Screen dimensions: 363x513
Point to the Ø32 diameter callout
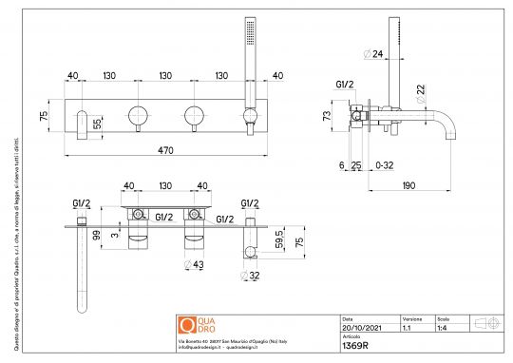(x=253, y=276)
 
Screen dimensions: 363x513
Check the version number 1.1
(x=407, y=329)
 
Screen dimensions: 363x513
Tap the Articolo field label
(x=351, y=337)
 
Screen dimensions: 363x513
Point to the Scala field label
(x=443, y=319)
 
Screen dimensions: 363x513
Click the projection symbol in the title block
(x=486, y=323)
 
